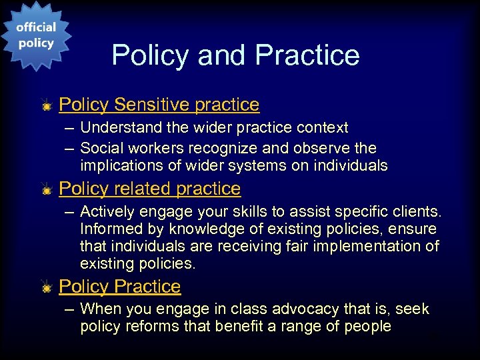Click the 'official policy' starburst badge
pyautogui.click(x=35, y=35)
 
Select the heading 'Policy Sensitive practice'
pyautogui.click(x=159, y=105)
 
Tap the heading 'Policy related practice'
pyautogui.click(x=149, y=189)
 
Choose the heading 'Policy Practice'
pyautogui.click(x=120, y=286)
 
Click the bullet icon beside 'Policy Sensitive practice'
pyautogui.click(x=46, y=105)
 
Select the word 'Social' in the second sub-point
pyautogui.click(x=101, y=148)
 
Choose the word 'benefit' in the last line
pyautogui.click(x=239, y=327)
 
